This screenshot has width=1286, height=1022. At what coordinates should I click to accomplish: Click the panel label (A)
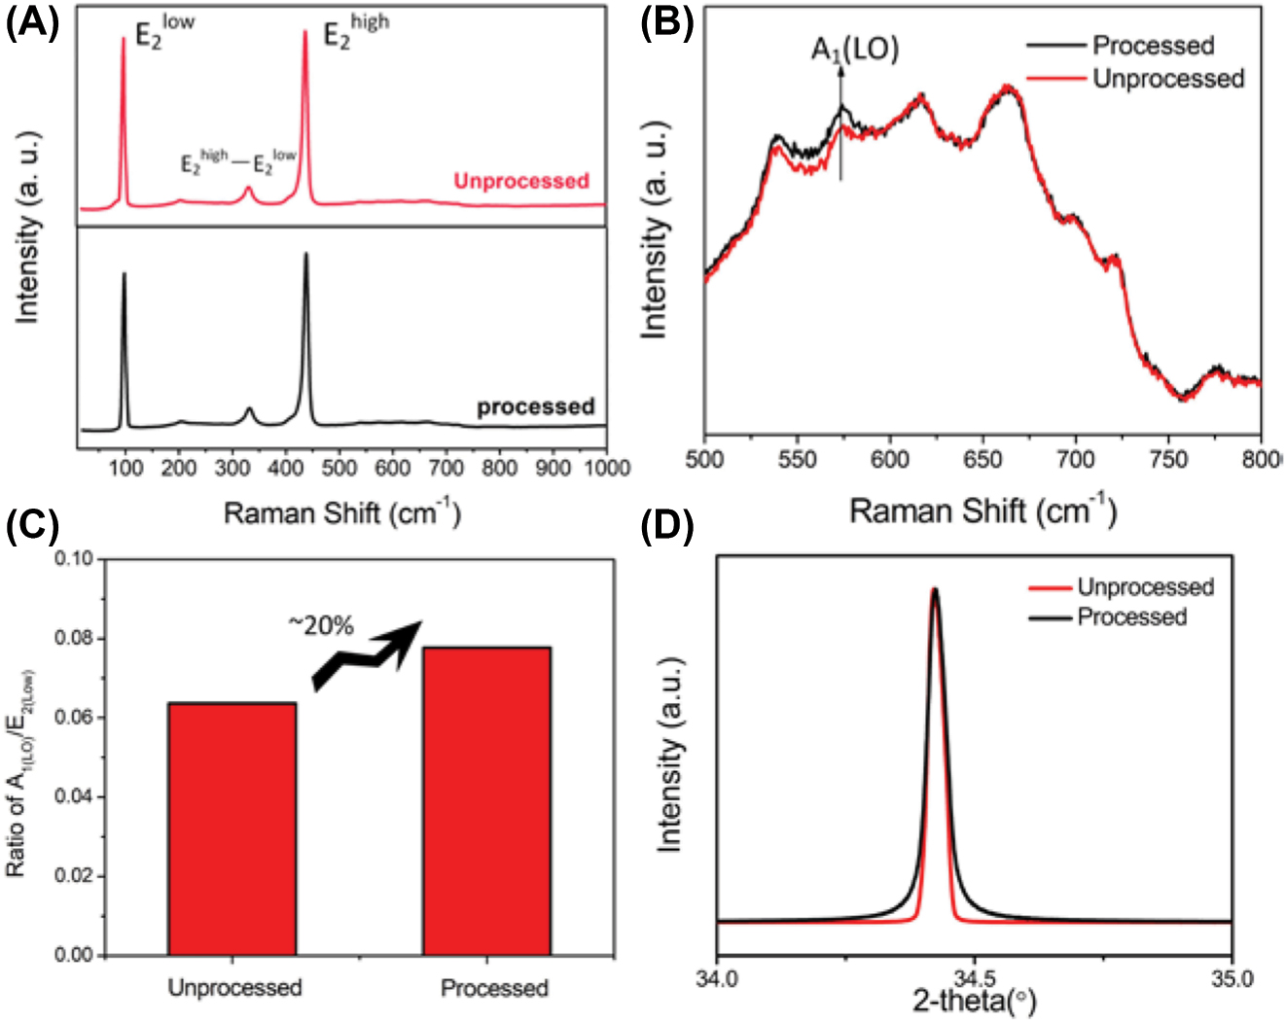tap(32, 21)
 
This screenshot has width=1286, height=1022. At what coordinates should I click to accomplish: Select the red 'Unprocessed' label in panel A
tap(521, 181)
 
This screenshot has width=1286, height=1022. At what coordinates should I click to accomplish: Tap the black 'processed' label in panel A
tap(535, 406)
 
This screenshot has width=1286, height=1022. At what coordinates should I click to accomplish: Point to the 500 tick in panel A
tap(339, 468)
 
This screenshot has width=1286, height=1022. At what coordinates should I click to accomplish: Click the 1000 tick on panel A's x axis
tap(606, 468)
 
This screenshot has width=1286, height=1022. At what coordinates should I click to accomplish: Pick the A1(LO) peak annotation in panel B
tap(855, 49)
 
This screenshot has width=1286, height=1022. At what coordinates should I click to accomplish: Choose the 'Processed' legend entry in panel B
tap(1153, 46)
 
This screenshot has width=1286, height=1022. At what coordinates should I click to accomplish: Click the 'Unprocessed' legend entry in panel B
tap(1167, 79)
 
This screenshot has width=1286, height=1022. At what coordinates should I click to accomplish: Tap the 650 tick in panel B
tap(982, 459)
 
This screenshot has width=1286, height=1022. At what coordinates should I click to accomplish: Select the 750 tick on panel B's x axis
tap(1168, 459)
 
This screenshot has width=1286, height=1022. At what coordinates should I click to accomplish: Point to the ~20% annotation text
tap(320, 625)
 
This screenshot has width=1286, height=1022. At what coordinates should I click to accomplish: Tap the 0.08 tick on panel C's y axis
tap(73, 639)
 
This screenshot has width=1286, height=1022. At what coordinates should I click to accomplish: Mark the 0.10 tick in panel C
tap(73, 559)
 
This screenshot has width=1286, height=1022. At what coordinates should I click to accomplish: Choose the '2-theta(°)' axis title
tap(974, 1002)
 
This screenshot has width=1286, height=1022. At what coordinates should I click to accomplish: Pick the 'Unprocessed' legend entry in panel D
tap(1145, 587)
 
